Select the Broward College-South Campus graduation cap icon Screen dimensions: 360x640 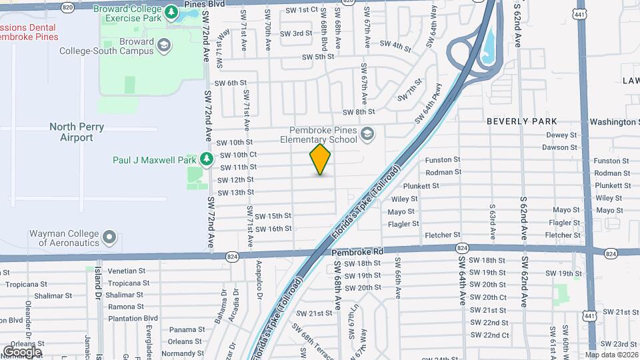point(163,45)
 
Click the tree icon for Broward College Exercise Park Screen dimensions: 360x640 point(171,11)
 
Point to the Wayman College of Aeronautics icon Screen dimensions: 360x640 point(109,238)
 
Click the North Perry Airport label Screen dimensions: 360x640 point(71,132)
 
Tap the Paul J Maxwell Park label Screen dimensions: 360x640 point(154,160)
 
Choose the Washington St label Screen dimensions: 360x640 point(614,122)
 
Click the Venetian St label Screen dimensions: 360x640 point(126,271)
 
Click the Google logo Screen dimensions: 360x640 point(22,351)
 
